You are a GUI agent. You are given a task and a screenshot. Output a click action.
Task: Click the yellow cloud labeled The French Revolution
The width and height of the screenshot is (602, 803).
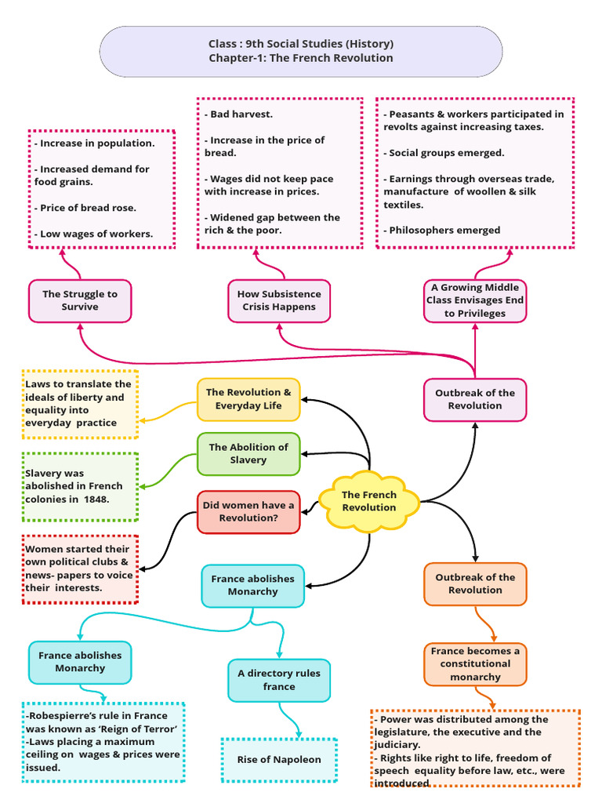pos(369,501)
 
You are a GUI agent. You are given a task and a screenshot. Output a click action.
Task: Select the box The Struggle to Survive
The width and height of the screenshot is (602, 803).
pos(80,300)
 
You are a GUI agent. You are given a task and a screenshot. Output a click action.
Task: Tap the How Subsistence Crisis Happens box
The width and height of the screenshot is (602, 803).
pos(279,300)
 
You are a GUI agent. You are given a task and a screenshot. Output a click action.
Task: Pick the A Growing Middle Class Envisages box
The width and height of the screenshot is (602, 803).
pos(475,300)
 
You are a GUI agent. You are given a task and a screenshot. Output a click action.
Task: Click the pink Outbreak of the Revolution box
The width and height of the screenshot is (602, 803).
pos(475,399)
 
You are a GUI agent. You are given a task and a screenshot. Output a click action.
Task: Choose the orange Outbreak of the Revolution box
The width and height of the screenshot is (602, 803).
pos(475,583)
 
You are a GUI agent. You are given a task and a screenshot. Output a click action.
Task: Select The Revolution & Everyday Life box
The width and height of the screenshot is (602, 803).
pos(248,399)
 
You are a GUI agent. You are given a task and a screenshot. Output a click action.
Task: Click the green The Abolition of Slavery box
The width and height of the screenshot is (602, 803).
pos(248,454)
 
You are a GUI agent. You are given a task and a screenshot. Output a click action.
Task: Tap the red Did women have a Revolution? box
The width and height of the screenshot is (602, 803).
pos(248,511)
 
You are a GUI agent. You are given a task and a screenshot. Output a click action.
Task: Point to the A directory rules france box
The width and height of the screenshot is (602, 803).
pos(279,680)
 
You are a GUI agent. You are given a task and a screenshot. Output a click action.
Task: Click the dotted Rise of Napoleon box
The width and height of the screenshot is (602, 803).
pos(279,760)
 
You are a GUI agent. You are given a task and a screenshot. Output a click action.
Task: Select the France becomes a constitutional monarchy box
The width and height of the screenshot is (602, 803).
pos(475,663)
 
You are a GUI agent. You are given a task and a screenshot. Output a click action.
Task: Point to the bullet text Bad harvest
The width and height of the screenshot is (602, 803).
pos(238,114)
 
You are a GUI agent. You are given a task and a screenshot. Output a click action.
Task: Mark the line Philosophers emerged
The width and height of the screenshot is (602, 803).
pos(442,231)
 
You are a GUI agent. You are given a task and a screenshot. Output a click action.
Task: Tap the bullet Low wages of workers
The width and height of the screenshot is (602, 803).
pos(94,234)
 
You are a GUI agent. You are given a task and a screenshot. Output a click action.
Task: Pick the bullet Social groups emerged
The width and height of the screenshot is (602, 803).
pos(444,153)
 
